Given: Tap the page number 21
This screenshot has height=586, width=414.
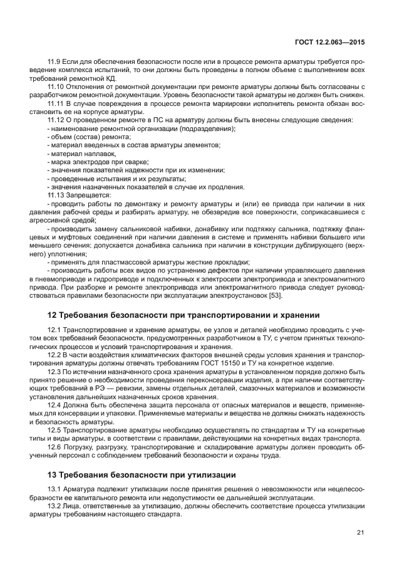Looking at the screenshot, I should pos(360,532).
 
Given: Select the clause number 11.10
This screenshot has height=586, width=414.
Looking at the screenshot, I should pos(56,86).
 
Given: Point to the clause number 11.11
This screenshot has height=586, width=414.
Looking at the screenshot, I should pos(56,102).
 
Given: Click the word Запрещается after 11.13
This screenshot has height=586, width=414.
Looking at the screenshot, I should pos(88,195).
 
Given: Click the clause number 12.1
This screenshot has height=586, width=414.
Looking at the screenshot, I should pos(54,330).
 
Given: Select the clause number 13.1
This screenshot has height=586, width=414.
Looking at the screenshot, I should pos(54,489).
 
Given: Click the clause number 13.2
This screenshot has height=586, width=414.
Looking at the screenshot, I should pos(54,506).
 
